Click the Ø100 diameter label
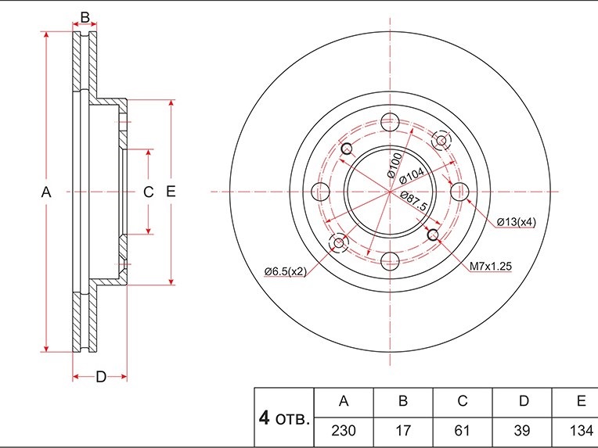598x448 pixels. tap(394, 165)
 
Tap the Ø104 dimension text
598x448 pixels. tap(412, 176)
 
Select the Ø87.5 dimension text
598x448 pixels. tap(414, 201)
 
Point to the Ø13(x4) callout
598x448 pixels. tap(517, 222)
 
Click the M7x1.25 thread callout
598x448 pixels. tap(490, 266)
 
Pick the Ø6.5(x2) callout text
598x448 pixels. tap(286, 271)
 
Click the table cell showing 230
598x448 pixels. tap(344, 431)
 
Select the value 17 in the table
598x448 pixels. tap(403, 431)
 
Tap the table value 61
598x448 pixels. tap(462, 431)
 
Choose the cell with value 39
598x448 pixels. tap(522, 431)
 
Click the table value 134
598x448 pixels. tap(582, 431)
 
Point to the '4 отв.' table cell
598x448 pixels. tap(284, 418)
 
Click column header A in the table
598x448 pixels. tap(344, 401)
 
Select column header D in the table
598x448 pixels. tap(524, 401)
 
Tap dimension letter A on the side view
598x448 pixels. tap(46, 192)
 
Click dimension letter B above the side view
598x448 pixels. tap(85, 17)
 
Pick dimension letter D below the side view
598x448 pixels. tap(101, 377)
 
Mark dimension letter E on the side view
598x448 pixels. tap(171, 191)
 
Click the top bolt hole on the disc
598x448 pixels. tap(390, 122)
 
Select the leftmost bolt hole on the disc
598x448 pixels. tap(320, 192)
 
